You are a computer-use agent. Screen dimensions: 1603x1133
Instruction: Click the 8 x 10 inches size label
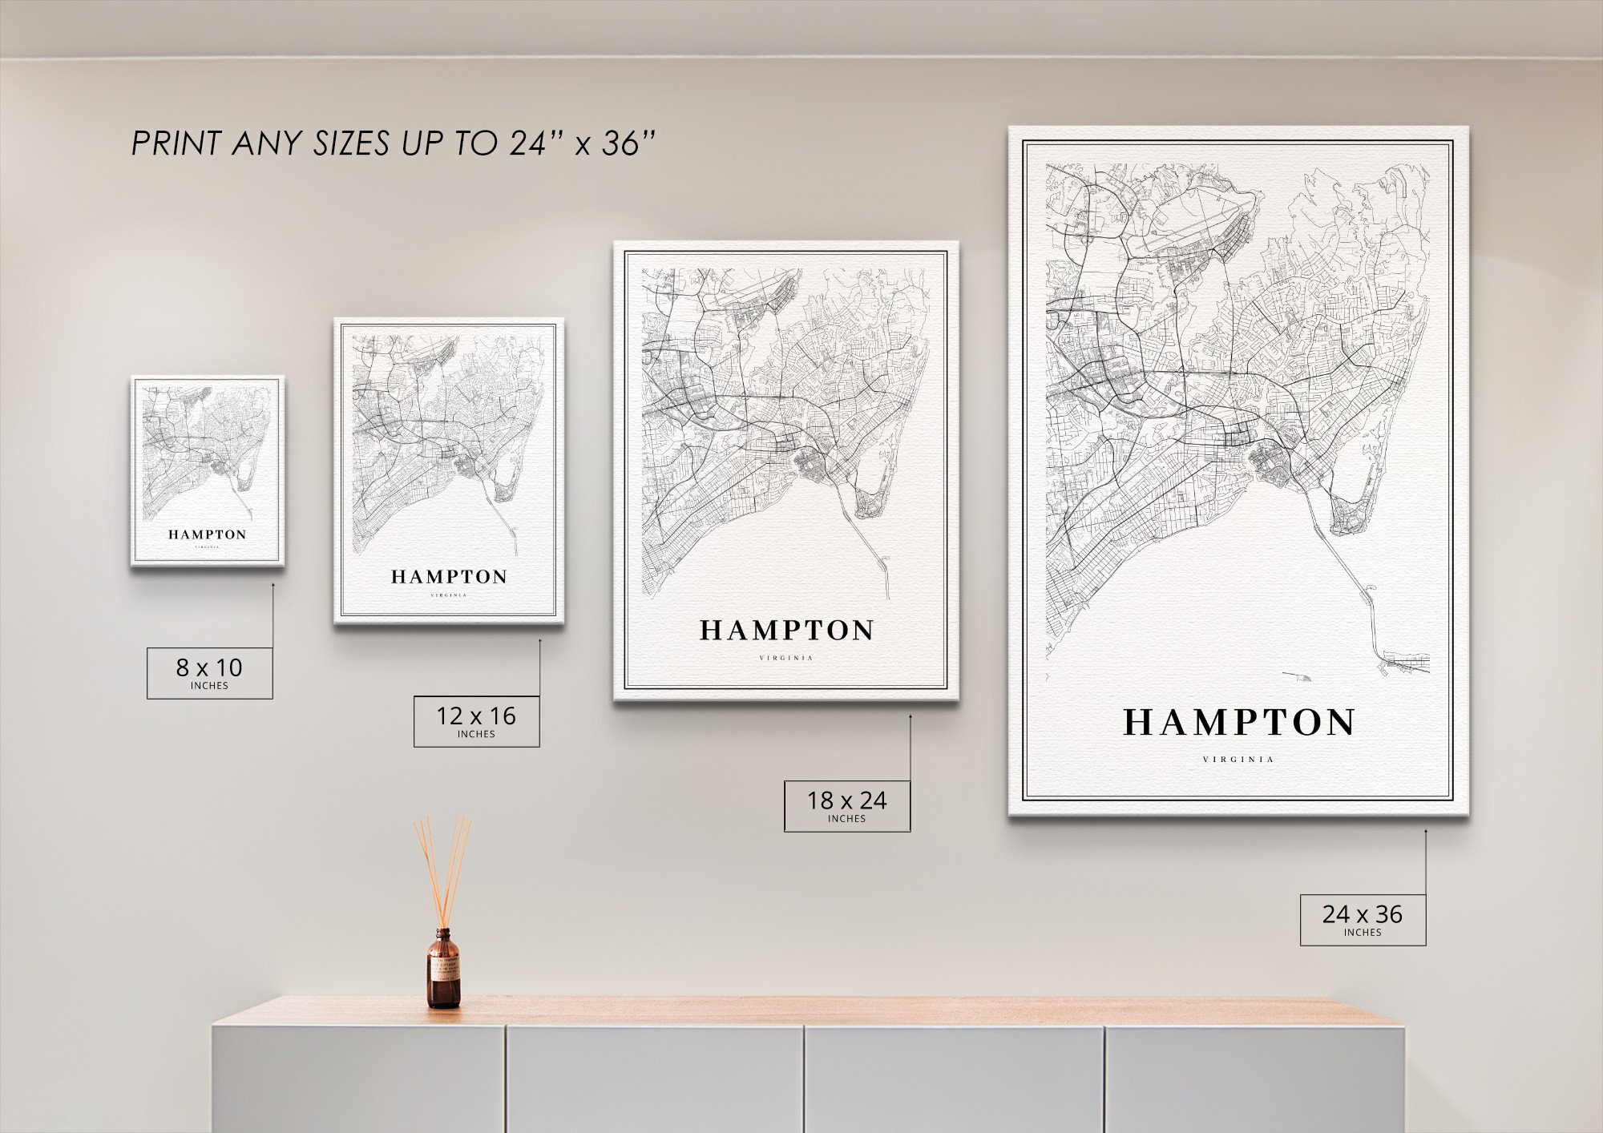(209, 672)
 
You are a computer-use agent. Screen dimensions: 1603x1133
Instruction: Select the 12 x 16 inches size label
(476, 720)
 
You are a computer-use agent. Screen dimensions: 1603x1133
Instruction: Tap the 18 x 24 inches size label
(846, 805)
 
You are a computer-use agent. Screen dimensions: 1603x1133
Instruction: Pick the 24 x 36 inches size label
(1363, 919)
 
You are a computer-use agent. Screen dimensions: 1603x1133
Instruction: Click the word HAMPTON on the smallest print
(207, 534)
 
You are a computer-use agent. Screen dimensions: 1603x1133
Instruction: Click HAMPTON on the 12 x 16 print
(449, 576)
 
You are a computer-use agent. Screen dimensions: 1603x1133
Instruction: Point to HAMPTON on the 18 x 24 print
(786, 631)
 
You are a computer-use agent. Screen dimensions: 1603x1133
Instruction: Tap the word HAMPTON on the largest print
(1238, 723)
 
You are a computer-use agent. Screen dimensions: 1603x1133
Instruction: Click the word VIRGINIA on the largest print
(1238, 760)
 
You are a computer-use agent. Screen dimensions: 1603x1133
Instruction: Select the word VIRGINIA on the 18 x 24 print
(786, 659)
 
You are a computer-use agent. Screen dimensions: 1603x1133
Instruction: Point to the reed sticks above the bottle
(442, 865)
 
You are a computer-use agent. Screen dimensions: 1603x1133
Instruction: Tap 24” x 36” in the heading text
(583, 143)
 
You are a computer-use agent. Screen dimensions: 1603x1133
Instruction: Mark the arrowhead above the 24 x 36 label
(1426, 832)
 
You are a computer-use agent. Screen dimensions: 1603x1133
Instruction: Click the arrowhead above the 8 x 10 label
(273, 585)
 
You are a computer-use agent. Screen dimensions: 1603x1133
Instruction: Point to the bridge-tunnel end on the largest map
(1403, 662)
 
